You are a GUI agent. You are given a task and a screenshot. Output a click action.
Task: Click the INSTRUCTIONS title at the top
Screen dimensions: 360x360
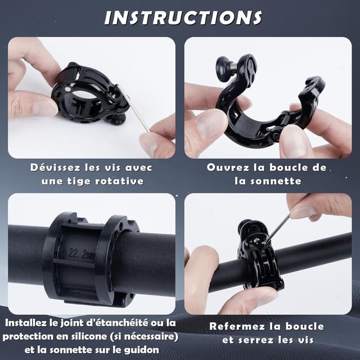coord(183,17)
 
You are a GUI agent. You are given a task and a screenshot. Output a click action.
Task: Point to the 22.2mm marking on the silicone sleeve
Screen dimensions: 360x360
coord(79,254)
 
